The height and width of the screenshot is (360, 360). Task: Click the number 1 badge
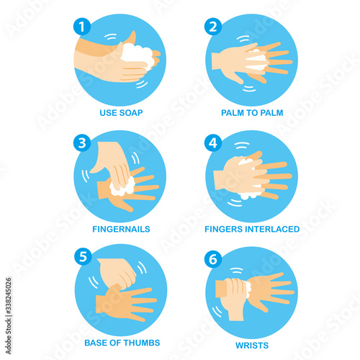coord(82,27)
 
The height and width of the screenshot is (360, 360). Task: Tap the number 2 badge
coord(213,27)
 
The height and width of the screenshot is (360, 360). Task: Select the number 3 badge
coord(82,143)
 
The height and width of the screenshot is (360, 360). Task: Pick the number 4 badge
coord(213,143)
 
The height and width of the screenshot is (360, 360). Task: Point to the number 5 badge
coord(83,256)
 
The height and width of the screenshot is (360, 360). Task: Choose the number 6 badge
coord(213,259)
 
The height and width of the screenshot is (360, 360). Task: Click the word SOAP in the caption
coord(131,113)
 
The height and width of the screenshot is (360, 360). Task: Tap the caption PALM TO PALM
coord(252,113)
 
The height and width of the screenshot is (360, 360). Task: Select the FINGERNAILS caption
coord(121,229)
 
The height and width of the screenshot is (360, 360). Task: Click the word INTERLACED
coord(272,229)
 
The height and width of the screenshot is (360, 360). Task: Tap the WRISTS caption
coord(252,346)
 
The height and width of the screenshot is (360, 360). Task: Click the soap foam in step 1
coord(138,55)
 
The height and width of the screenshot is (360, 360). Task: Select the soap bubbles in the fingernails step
coord(122,186)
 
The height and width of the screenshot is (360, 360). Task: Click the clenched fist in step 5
coord(117,273)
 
